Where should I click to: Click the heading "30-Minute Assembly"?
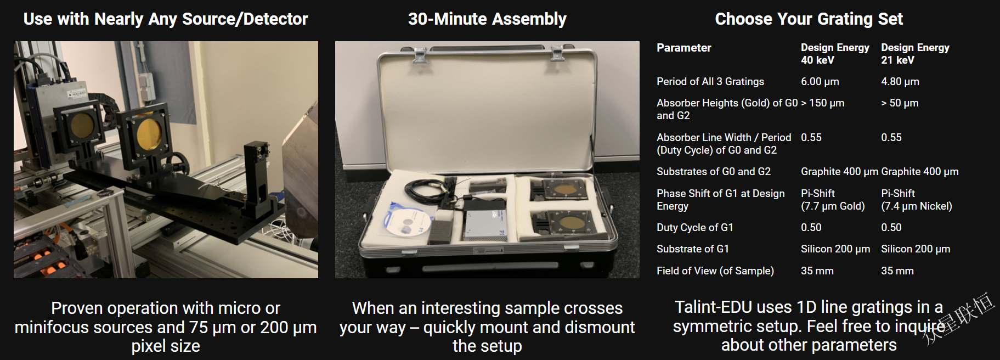click(487, 19)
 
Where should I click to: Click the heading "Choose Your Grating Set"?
click(809, 19)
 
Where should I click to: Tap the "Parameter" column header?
click(683, 48)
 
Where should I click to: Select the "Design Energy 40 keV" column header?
click(835, 54)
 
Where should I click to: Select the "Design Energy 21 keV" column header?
click(915, 54)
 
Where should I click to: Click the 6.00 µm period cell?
click(820, 81)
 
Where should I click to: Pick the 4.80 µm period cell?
click(900, 81)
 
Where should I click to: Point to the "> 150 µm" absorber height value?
click(823, 103)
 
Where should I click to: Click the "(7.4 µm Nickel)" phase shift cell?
click(917, 206)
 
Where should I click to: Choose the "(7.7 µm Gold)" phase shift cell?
click(833, 206)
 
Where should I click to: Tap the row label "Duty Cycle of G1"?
click(695, 227)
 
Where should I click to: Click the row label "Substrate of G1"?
click(693, 249)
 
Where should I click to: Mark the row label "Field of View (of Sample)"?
click(715, 271)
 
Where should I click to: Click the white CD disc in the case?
click(407, 221)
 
